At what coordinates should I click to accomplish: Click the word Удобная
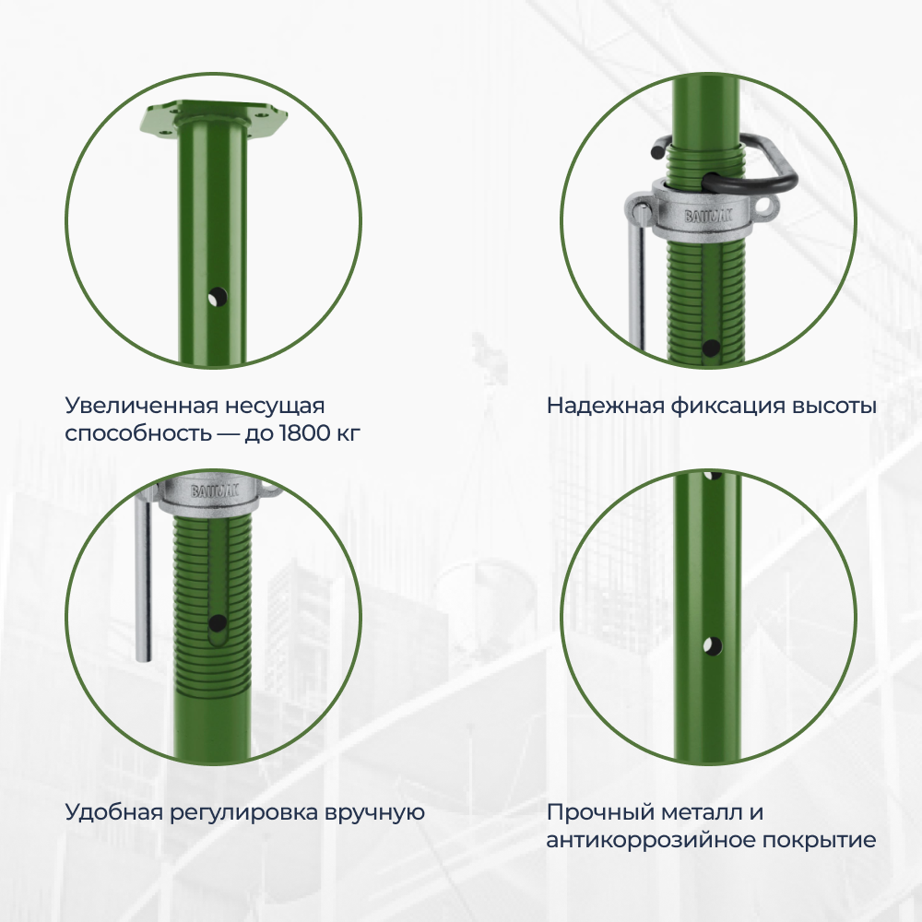pos(112,812)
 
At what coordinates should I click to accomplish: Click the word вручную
pos(374,813)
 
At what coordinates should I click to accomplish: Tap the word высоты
pos(834,407)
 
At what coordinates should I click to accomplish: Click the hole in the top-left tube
pos(218,297)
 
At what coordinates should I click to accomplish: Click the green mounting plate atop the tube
pos(213,119)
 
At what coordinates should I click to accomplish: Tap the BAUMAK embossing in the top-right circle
pos(708,217)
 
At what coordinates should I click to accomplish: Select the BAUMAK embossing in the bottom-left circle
pos(214,491)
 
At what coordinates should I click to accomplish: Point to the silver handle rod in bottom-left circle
pos(143,576)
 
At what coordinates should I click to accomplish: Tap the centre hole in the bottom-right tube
pos(712,645)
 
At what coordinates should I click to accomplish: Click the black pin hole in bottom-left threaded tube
pos(218,622)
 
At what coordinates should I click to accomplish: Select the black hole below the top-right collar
pos(711,348)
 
